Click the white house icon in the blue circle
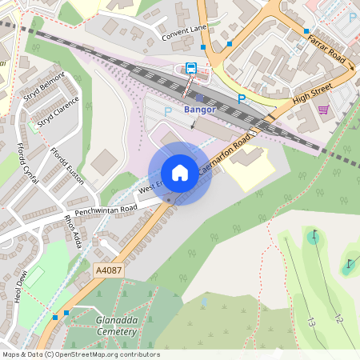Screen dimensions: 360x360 coord(180,173)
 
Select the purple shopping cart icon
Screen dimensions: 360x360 coord(323,110)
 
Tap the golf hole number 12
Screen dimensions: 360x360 coord(338,318)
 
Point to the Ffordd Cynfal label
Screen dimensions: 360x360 coord(27,163)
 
